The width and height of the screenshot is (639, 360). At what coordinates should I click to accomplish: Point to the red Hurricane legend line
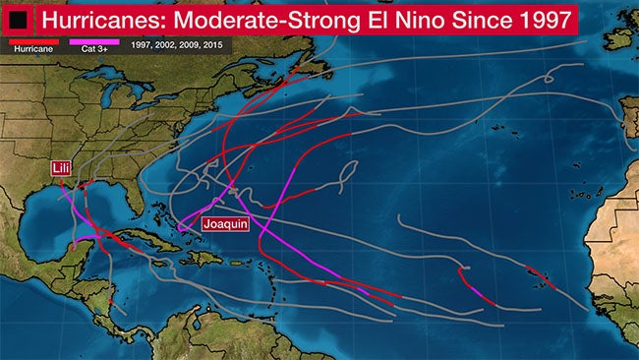[27, 41]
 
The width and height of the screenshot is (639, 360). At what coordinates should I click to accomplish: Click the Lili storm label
[62, 169]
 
